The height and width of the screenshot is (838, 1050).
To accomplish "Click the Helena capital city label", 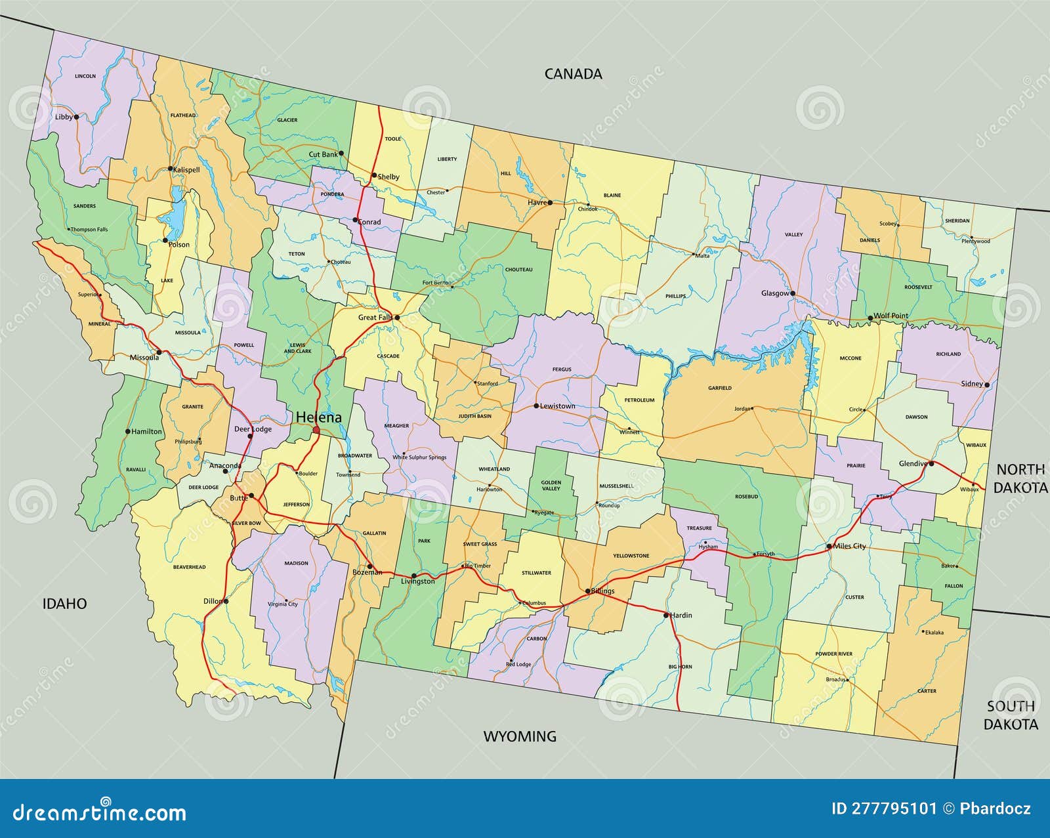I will (x=318, y=417).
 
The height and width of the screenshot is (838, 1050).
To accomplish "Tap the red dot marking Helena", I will (x=316, y=430).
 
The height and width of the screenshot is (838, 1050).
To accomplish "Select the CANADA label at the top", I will (x=573, y=73).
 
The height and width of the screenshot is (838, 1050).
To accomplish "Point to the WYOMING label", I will (x=520, y=736).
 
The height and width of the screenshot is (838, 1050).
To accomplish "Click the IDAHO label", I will (x=64, y=603).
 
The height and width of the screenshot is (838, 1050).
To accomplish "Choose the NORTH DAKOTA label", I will (x=1020, y=478).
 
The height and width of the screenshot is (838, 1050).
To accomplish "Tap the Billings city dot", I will (x=588, y=591).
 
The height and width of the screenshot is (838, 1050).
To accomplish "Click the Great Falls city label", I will (x=375, y=318).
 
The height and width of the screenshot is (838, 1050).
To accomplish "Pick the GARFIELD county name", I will (x=719, y=388).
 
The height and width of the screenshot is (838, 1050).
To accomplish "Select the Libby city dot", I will (x=76, y=117).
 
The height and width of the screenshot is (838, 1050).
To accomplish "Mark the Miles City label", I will (x=850, y=546).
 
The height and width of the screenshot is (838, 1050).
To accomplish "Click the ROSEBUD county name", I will (x=746, y=497).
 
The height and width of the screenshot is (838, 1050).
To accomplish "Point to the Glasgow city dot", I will (x=793, y=293).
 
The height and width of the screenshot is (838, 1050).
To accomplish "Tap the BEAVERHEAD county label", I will (x=189, y=567).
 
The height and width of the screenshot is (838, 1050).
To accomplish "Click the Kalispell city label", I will (x=186, y=169).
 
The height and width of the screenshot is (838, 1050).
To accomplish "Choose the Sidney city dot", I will (x=987, y=385).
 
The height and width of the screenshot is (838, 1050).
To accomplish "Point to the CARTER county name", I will (x=927, y=691).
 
